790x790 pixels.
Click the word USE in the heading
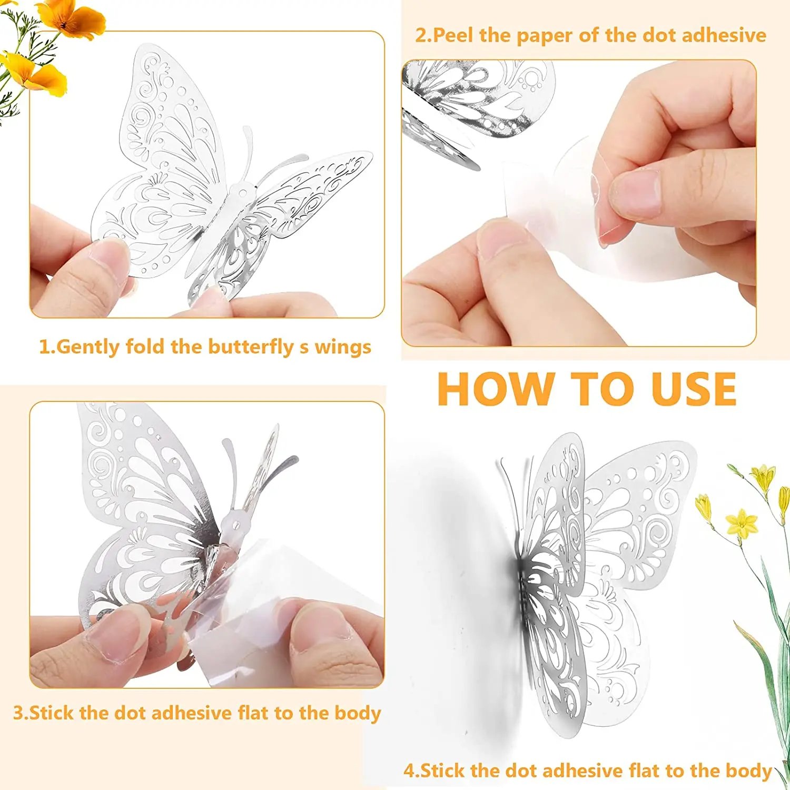pos(694,389)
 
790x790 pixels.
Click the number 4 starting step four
pos(410,771)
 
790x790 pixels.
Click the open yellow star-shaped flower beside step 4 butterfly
pos(742,523)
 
